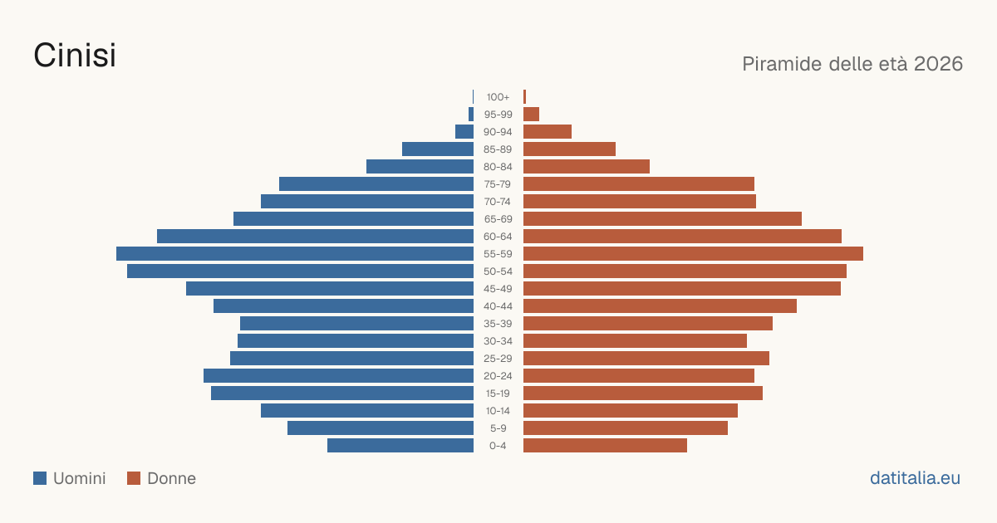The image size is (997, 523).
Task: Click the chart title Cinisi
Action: click(x=75, y=55)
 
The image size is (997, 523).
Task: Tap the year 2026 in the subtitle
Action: click(x=938, y=64)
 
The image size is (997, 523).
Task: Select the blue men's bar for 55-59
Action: click(x=295, y=253)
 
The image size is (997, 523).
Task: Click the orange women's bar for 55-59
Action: click(x=693, y=253)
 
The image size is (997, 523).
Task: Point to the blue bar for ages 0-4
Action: click(x=400, y=445)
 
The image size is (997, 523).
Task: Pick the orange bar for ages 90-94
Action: click(x=548, y=132)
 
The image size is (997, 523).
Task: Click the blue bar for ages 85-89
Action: click(x=438, y=149)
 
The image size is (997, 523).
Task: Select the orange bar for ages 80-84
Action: click(x=587, y=166)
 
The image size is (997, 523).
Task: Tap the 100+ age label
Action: click(x=498, y=97)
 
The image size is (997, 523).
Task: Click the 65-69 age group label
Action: click(x=498, y=219)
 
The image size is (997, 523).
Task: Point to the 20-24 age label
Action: click(x=498, y=376)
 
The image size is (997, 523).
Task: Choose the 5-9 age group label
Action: click(x=498, y=428)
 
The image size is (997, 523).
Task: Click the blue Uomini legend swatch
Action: click(x=40, y=478)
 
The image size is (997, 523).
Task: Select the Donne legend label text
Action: click(x=171, y=478)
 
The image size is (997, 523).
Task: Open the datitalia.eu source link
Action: click(x=915, y=478)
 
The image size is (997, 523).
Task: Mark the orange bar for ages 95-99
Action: click(x=531, y=115)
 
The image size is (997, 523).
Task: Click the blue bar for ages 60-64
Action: click(x=315, y=236)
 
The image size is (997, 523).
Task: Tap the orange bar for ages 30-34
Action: click(x=635, y=340)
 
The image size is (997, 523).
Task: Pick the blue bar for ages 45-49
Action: click(x=330, y=289)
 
